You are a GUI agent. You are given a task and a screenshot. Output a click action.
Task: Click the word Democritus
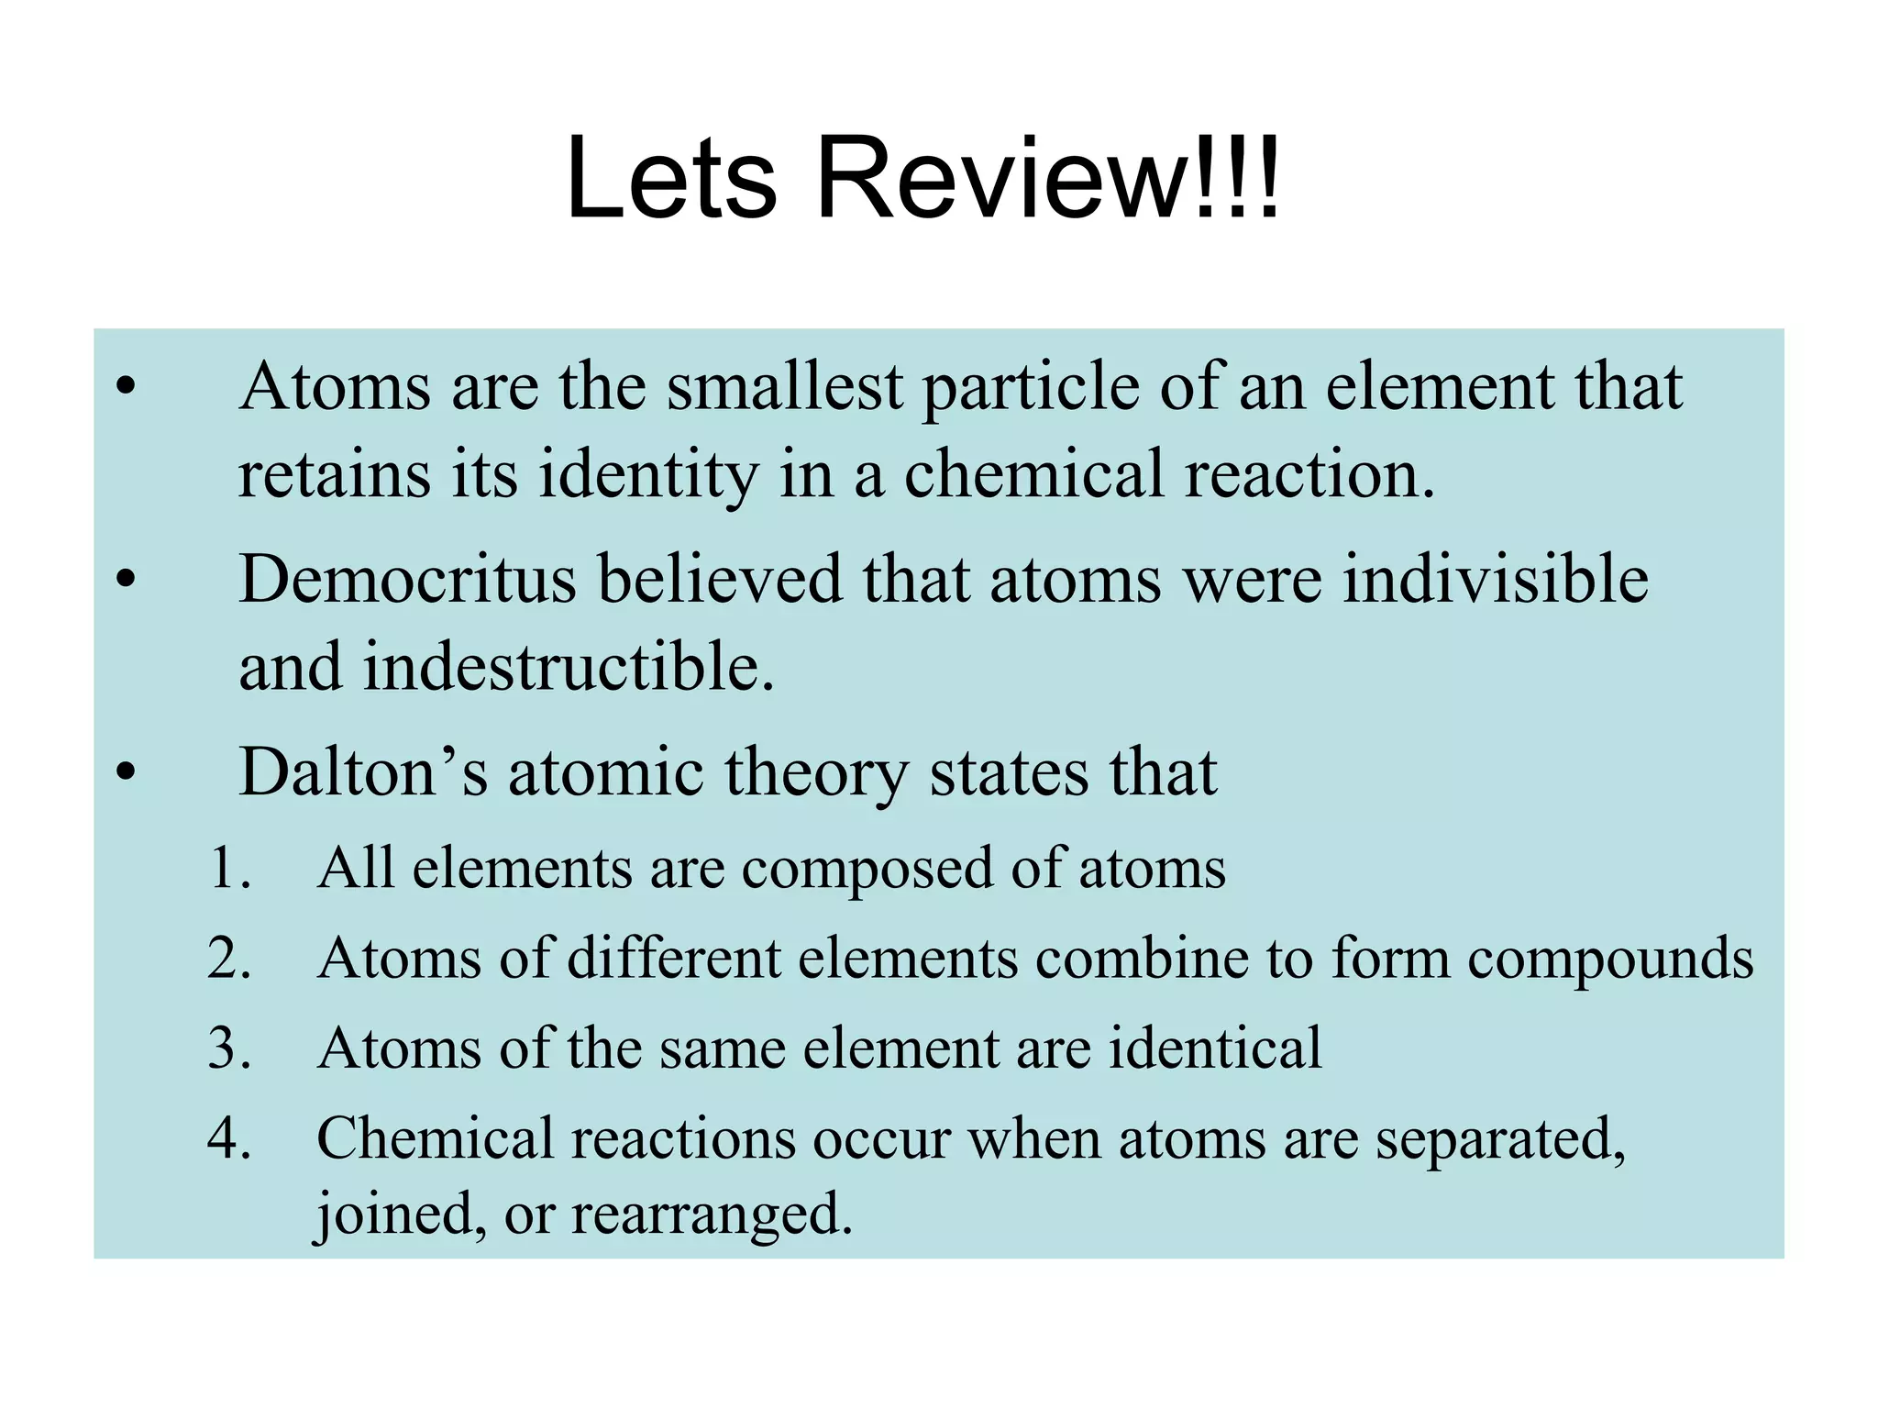[x=407, y=580]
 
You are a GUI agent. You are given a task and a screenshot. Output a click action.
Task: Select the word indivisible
[x=1496, y=580]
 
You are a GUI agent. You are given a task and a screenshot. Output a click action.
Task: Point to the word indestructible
[x=569, y=667]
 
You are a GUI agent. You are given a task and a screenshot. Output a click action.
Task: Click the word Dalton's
[x=362, y=772]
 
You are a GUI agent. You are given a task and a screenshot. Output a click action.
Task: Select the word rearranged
[x=712, y=1215]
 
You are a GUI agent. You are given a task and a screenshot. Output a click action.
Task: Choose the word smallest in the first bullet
[x=785, y=387]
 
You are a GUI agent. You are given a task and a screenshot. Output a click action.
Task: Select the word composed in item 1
[x=867, y=870]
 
